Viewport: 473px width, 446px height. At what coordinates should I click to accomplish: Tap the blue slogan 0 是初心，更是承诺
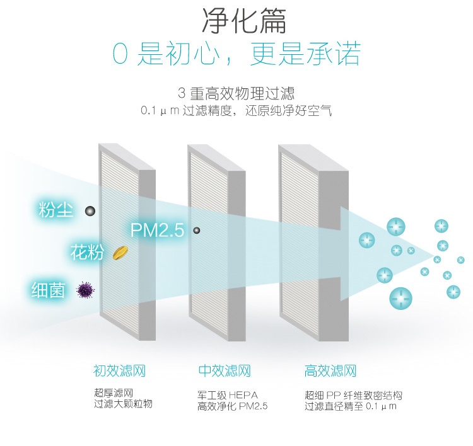pos(236,55)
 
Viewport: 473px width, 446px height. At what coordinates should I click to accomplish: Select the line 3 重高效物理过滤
pos(236,94)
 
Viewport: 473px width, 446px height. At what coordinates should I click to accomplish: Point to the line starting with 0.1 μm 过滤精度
pos(236,111)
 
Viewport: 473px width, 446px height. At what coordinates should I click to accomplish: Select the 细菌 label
pos(49,290)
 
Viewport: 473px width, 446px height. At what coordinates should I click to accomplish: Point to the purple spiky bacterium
pos(85,290)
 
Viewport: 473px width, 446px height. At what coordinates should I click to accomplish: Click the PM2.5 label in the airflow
pos(157,230)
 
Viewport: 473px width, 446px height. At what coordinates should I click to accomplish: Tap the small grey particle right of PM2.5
pos(197,231)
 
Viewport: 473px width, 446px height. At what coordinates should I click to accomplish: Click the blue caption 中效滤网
pos(225,370)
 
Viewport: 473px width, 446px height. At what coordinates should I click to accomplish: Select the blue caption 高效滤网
pos(330,370)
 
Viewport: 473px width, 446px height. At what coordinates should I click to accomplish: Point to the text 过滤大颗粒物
pos(123,404)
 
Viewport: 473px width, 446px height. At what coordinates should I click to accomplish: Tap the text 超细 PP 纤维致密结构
pos(353,396)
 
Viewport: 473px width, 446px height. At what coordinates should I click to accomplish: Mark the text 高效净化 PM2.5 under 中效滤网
pos(233,406)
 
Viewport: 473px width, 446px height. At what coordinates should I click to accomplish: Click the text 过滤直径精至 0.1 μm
pos(350,406)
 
